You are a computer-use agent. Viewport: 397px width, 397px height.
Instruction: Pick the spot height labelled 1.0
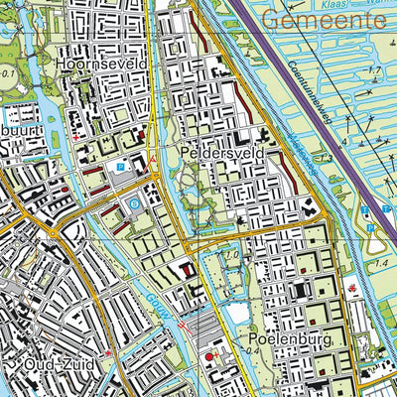231,257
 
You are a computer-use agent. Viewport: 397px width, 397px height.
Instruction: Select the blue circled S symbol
135,203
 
